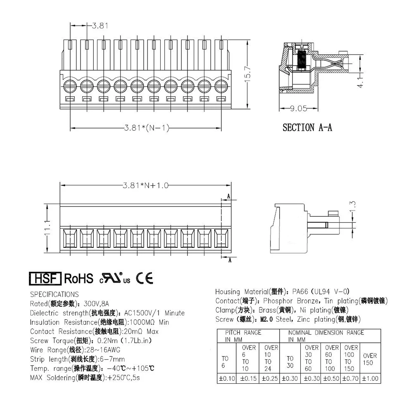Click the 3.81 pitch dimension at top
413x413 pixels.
100,26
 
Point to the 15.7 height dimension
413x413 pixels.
247,74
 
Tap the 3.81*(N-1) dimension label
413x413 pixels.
147,128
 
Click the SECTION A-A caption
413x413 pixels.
307,127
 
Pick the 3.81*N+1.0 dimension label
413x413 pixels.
146,185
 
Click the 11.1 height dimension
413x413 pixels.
48,228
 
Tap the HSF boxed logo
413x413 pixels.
45,279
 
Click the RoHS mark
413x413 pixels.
78,279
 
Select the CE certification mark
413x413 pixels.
145,279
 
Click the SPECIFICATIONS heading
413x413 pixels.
55,294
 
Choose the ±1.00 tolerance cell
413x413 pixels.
370,378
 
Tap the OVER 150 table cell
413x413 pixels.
370,358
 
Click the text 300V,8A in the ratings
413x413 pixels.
95,304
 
